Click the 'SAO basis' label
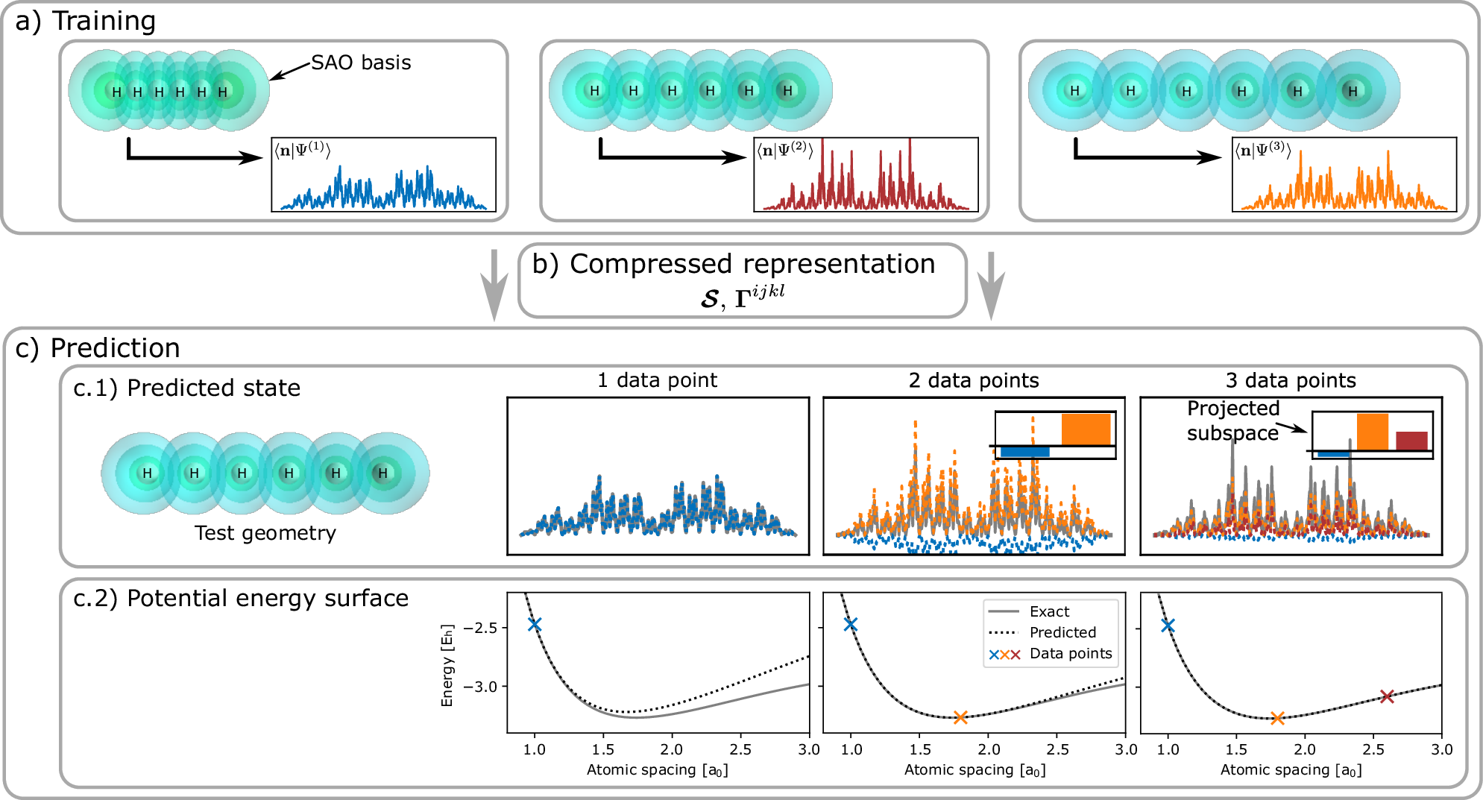[x=361, y=63]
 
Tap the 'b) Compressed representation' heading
[x=734, y=264]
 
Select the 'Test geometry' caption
[x=265, y=533]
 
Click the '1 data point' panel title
[x=657, y=380]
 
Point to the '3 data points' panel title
[x=1290, y=380]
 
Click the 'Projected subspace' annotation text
[x=1232, y=421]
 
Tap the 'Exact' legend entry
[x=1049, y=611]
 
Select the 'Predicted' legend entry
[x=1062, y=632]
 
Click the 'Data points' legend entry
[x=1071, y=654]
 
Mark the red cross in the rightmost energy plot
[x=1387, y=696]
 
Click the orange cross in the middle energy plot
[x=960, y=717]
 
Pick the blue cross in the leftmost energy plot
[x=535, y=624]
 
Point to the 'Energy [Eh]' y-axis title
[x=447, y=666]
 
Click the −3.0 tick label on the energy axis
[x=480, y=687]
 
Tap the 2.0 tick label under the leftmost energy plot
[x=671, y=749]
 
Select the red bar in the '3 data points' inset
[x=1411, y=441]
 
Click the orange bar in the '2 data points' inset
[x=1086, y=429]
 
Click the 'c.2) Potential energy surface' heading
[x=241, y=598]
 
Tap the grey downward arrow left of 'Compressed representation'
[x=494, y=286]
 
